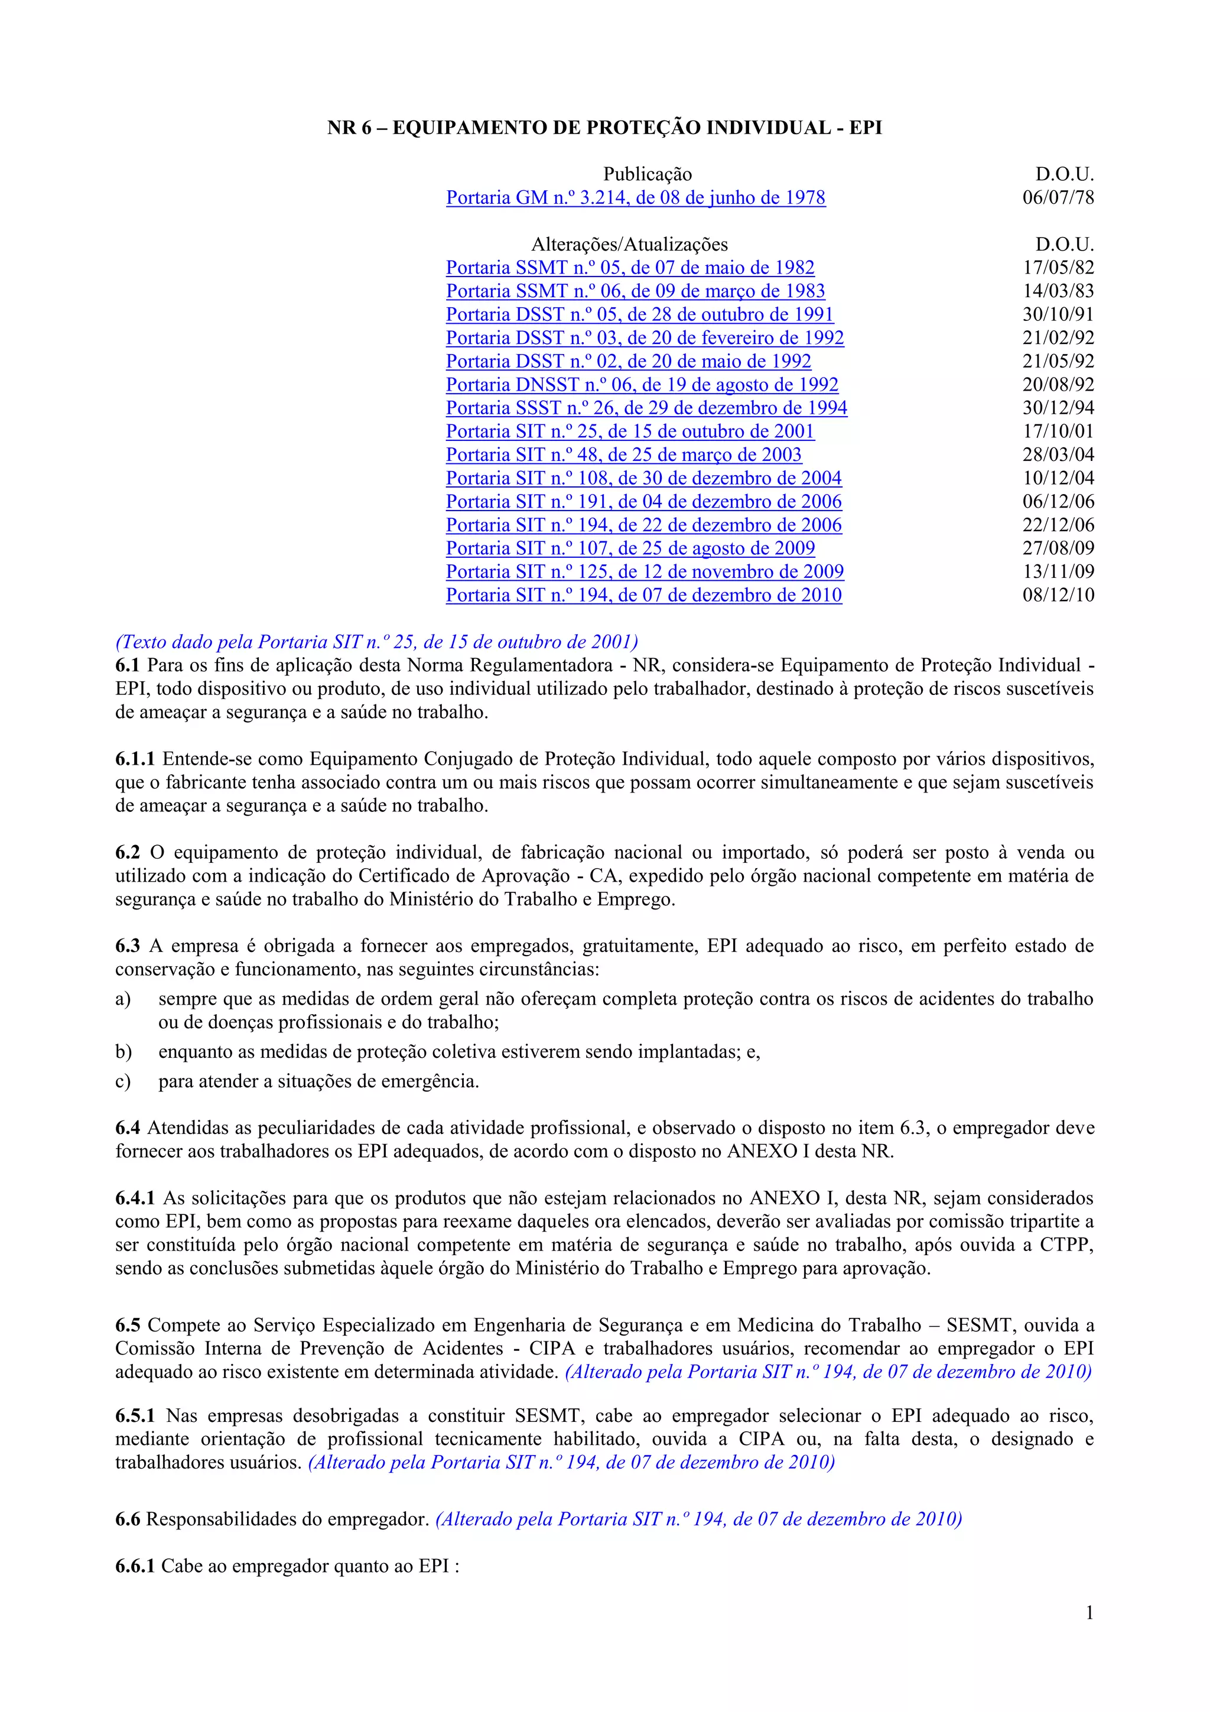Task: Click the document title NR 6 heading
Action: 604,128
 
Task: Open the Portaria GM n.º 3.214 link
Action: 635,197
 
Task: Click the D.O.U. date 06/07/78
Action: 1058,197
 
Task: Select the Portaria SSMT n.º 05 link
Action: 630,268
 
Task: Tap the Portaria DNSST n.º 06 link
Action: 642,385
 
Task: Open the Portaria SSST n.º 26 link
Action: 646,408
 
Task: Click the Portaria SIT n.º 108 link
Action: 643,478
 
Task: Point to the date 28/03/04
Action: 1058,455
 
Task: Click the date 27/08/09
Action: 1058,548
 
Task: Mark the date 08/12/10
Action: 1058,595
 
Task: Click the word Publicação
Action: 647,174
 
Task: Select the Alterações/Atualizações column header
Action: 629,245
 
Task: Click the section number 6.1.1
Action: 135,759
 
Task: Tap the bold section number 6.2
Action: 128,852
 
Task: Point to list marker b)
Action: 123,1052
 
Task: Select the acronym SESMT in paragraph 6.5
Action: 979,1325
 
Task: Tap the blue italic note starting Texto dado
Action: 376,642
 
